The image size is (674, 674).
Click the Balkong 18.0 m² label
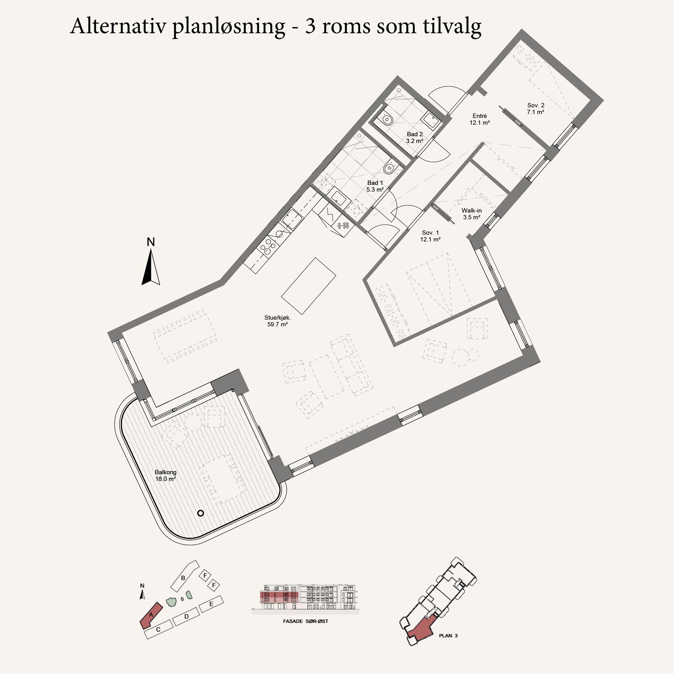coord(166,475)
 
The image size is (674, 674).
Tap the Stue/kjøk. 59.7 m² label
coord(277,321)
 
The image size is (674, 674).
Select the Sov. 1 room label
coord(430,236)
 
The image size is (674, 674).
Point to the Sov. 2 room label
coord(536,109)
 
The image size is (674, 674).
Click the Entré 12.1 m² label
coord(480,119)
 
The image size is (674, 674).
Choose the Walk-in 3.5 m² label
coord(471,214)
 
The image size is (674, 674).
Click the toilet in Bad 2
coord(386,118)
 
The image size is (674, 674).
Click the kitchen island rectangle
coord(309,286)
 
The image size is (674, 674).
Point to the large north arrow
coord(151,266)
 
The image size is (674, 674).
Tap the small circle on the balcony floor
coord(200,513)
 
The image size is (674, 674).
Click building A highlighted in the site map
coord(151,615)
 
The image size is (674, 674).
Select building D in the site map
coord(186,616)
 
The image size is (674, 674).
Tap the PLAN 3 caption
coord(448,635)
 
